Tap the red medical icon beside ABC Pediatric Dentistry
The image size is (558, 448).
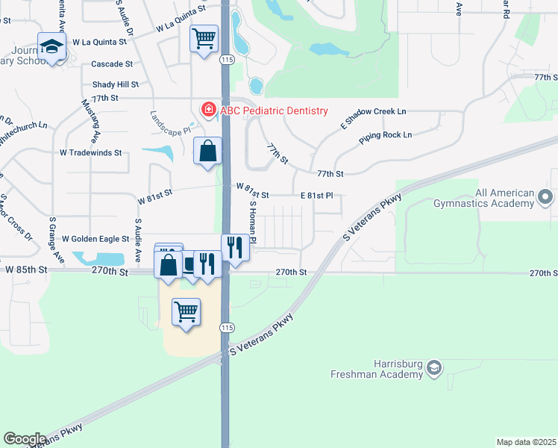[x=209, y=111]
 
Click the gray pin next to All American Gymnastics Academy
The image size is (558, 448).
[x=545, y=196]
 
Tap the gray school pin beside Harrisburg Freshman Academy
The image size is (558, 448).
[x=434, y=367]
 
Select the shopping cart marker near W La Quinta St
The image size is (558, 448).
[x=204, y=37]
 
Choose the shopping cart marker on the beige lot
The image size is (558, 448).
[x=186, y=311]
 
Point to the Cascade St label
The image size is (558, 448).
[x=112, y=65]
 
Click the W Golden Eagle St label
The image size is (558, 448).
[x=95, y=239]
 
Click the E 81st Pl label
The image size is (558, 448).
[x=316, y=195]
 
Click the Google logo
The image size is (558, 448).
[x=25, y=438]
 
